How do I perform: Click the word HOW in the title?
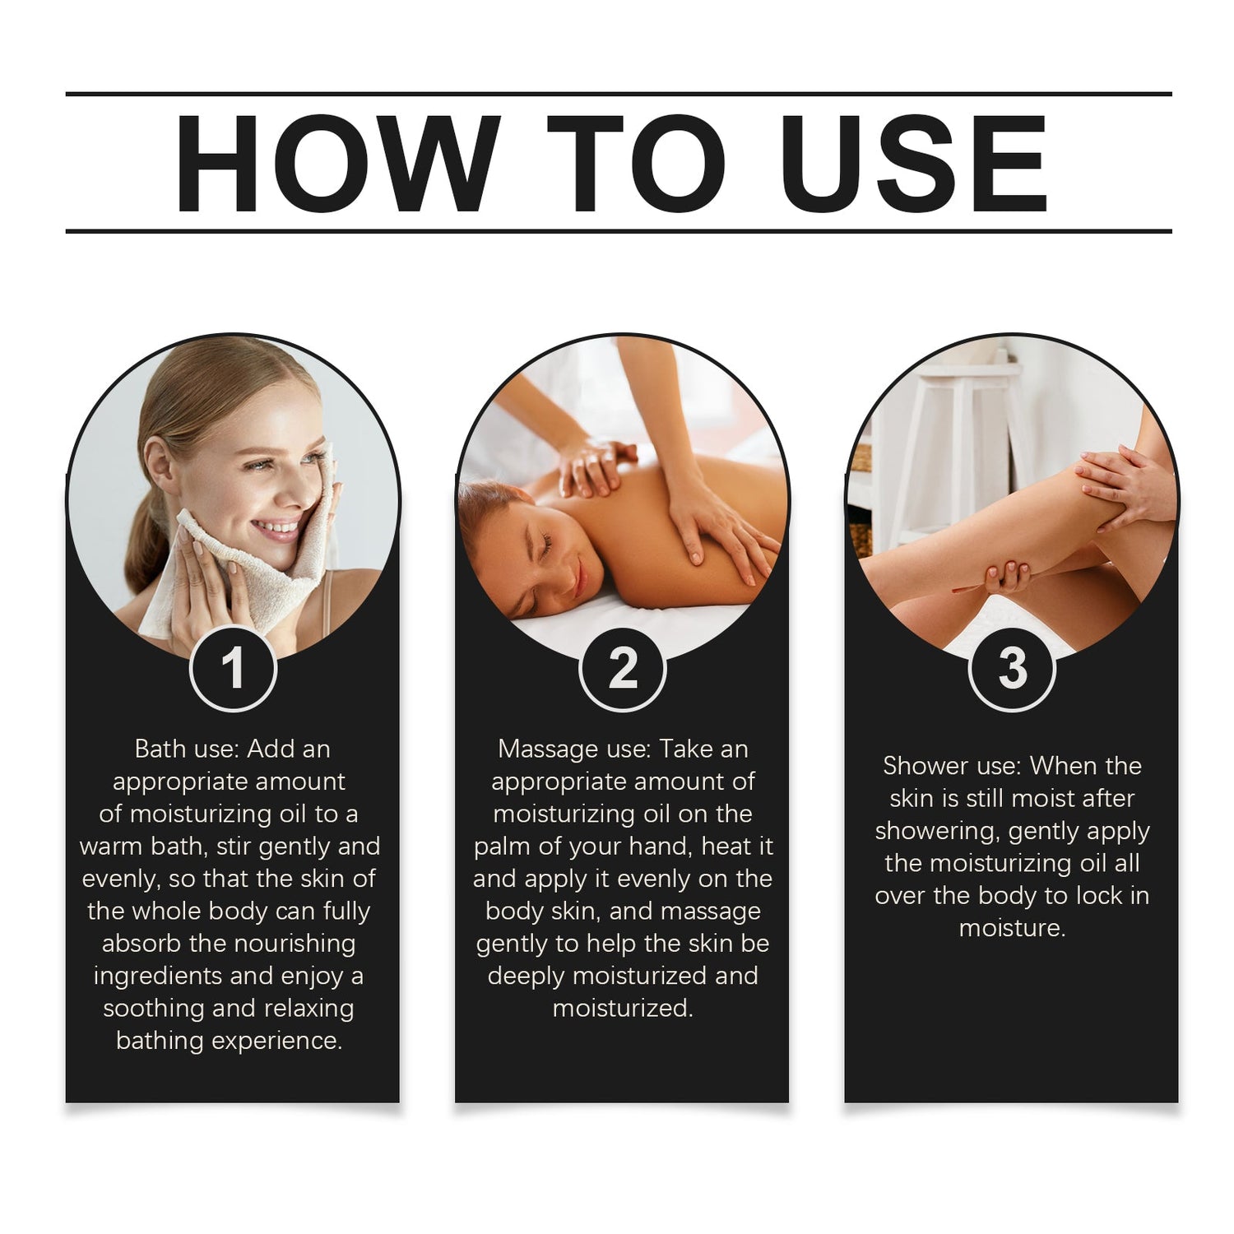[337, 163]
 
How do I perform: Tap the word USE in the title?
[915, 163]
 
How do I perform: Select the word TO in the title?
[636, 163]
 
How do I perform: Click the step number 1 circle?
[233, 667]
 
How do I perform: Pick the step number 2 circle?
[623, 667]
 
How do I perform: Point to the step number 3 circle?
[1012, 667]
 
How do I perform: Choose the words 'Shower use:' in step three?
[953, 766]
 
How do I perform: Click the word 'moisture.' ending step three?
[1012, 928]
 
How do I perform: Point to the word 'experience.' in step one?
[276, 1041]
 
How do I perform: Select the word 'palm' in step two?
[502, 847]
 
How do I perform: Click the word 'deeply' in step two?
[526, 977]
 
